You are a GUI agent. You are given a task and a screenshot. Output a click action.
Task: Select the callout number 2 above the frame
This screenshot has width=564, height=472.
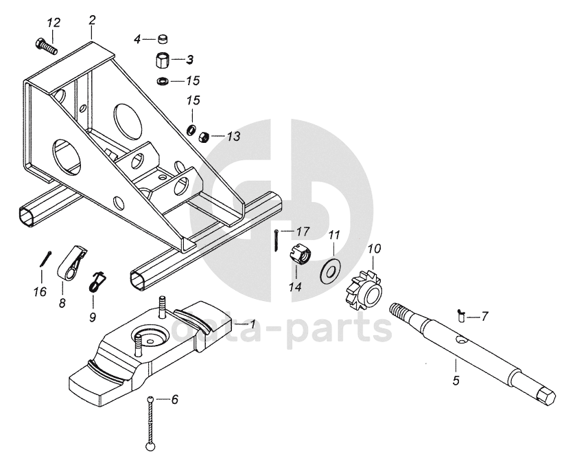[92, 20]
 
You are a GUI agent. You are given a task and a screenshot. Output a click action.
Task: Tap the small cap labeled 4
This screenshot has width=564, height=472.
[163, 38]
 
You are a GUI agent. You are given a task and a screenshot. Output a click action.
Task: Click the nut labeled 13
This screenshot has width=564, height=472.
[204, 137]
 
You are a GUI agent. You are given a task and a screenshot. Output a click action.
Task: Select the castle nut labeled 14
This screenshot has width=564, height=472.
[300, 256]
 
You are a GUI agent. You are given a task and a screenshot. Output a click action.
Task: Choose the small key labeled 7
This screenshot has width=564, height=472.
[460, 316]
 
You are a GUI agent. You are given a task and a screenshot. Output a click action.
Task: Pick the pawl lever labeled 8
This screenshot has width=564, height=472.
[71, 262]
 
